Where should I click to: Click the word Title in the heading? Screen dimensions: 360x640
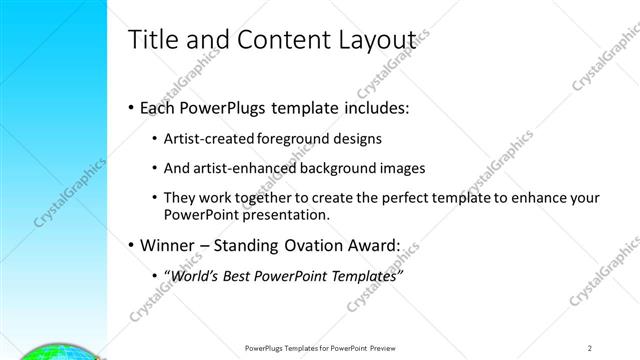pos(153,39)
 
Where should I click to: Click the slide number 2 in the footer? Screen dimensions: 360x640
pos(590,348)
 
